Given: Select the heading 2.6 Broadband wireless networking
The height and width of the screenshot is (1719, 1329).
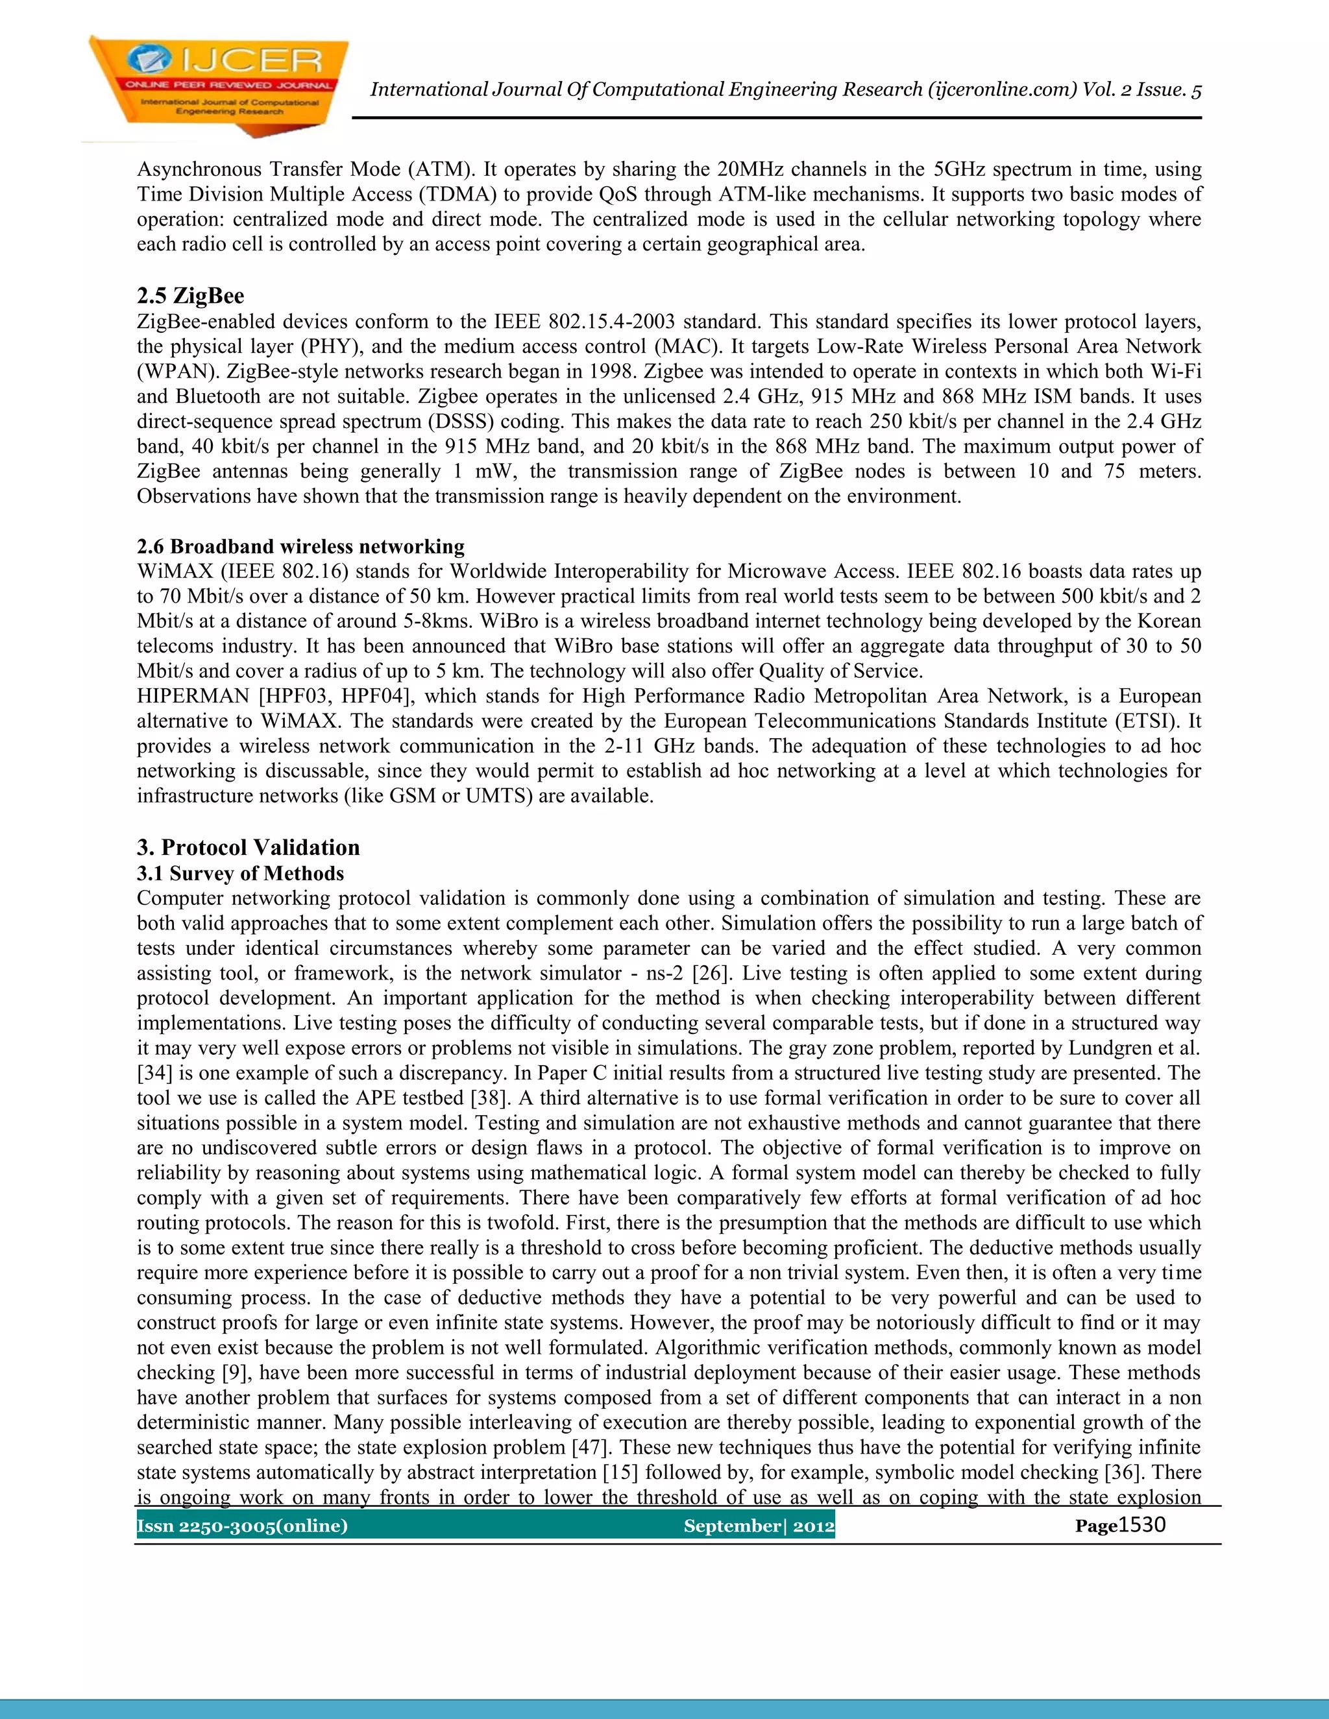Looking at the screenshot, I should tap(300, 546).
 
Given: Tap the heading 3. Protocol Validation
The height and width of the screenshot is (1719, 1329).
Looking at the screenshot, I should tap(247, 847).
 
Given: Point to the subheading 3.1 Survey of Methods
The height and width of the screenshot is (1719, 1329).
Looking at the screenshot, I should tap(240, 873).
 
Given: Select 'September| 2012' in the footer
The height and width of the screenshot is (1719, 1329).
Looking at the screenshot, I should tap(758, 1526).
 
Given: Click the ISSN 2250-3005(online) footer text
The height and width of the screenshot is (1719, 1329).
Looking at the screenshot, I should tap(241, 1526).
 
